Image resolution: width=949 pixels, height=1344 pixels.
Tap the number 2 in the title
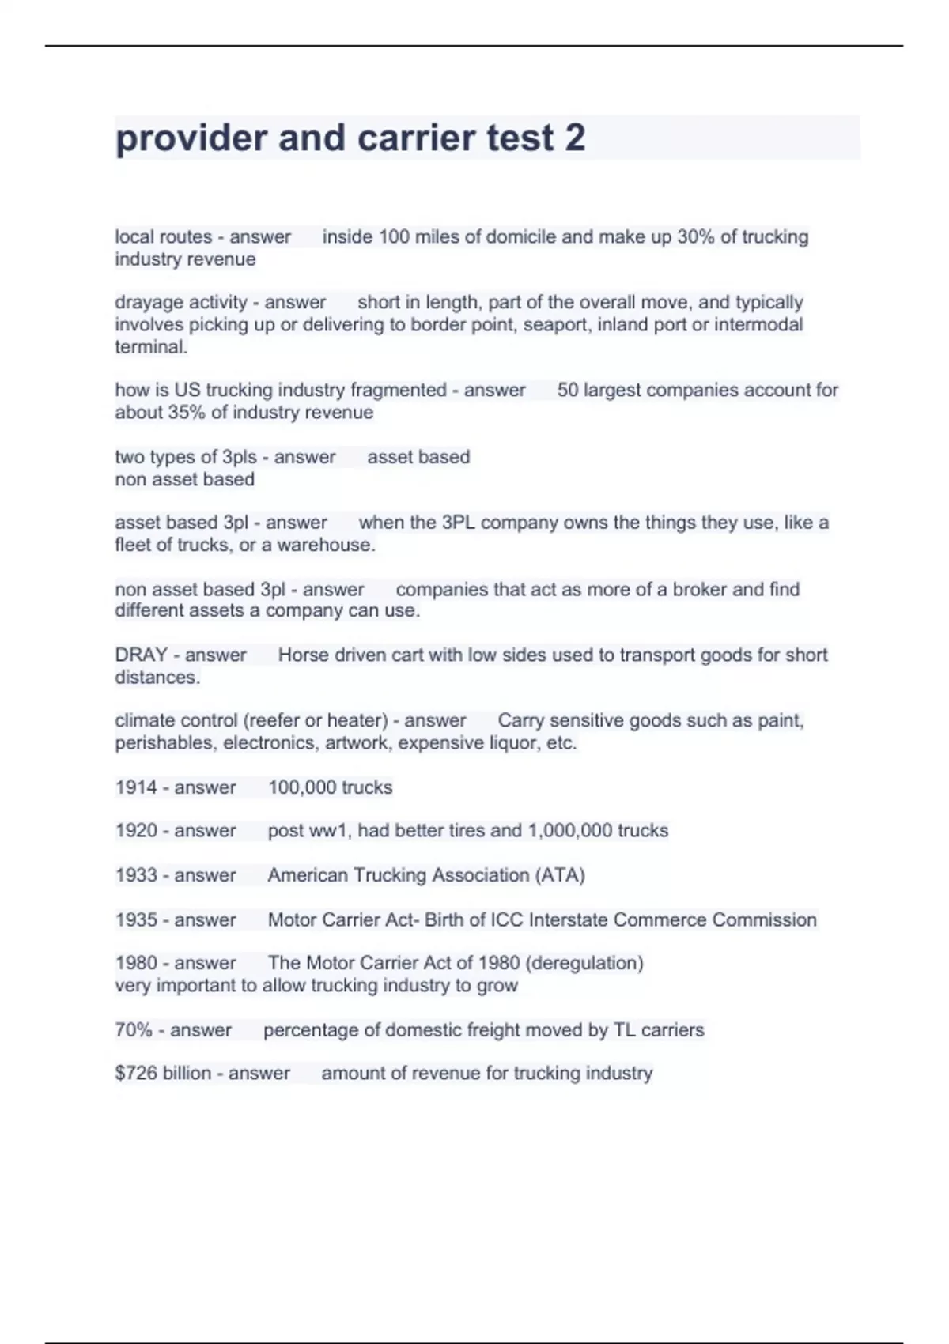[x=575, y=138]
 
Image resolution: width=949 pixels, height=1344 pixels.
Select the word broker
[x=700, y=589]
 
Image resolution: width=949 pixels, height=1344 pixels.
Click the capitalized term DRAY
[x=141, y=655]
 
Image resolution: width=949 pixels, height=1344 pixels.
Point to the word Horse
[x=303, y=655]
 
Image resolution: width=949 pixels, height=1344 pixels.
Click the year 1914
[x=136, y=787]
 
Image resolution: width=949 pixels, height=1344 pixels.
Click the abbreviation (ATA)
[x=560, y=875]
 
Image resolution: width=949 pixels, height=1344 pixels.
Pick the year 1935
[x=136, y=919]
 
